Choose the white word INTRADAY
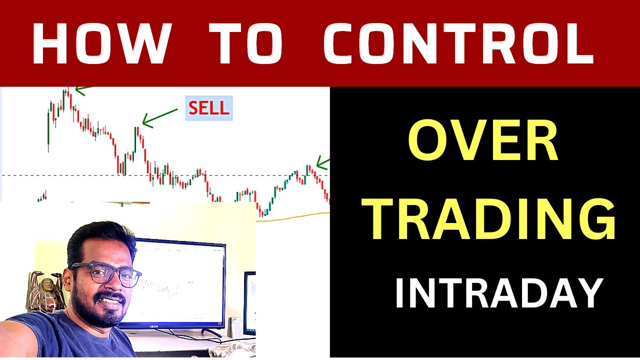(497, 294)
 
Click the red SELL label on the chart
(209, 108)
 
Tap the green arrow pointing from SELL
(159, 116)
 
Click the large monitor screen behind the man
(180, 282)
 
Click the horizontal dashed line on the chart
(75, 175)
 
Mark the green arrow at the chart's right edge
(323, 162)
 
